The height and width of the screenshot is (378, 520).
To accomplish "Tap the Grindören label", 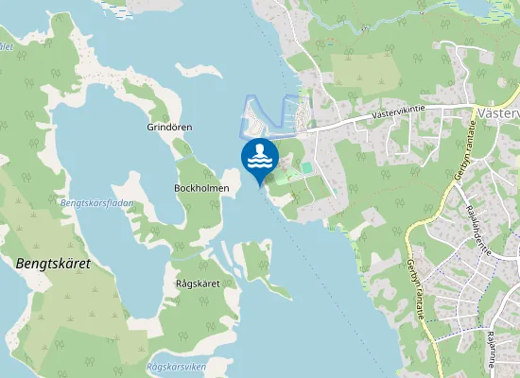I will pyautogui.click(x=169, y=127).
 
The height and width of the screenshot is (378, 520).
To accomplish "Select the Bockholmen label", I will pyautogui.click(x=201, y=187).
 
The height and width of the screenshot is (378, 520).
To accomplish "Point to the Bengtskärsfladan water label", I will pyautogui.click(x=97, y=203).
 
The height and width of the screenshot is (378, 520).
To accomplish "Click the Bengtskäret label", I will pyautogui.click(x=53, y=264).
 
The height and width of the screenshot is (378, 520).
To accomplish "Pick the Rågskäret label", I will pyautogui.click(x=198, y=283).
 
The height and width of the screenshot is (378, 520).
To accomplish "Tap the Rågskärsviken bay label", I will pyautogui.click(x=177, y=367).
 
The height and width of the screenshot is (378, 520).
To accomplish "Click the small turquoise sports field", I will pyautogui.click(x=306, y=167).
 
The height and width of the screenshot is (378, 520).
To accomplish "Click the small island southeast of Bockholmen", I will pyautogui.click(x=254, y=260).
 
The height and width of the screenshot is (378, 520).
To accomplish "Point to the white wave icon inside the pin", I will pyautogui.click(x=260, y=163).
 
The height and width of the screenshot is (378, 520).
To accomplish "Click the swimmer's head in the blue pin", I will pyautogui.click(x=260, y=148).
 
